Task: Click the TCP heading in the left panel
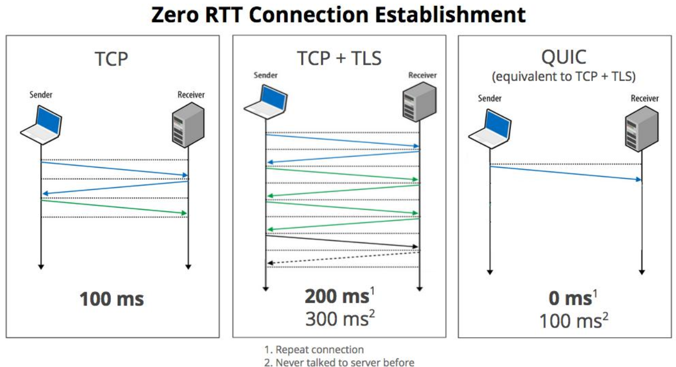coord(111,59)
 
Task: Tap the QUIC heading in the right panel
coord(564,57)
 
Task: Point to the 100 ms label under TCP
coord(111,299)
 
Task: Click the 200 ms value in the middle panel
coord(336,297)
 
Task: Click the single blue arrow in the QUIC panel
coord(566,173)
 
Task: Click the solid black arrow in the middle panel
coord(342,241)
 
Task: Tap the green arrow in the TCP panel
coord(114,207)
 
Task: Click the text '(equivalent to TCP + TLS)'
coord(564,76)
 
